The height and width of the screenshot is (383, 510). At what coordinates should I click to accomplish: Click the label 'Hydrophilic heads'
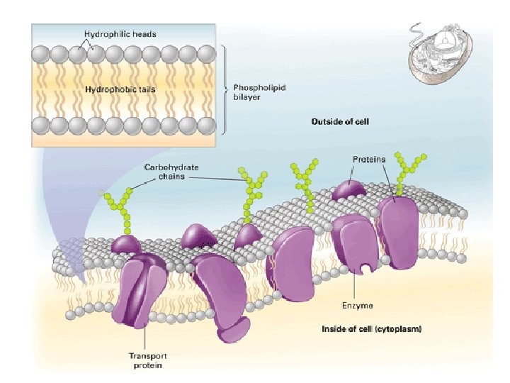(x=120, y=33)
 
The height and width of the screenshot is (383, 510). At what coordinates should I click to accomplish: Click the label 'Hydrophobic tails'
(x=120, y=89)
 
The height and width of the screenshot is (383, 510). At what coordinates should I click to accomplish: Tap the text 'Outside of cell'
(x=341, y=122)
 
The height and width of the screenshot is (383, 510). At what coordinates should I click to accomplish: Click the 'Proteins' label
(x=369, y=159)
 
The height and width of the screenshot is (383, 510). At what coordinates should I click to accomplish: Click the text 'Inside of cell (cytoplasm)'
(x=371, y=328)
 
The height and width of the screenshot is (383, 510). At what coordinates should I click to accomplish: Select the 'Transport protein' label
(x=147, y=360)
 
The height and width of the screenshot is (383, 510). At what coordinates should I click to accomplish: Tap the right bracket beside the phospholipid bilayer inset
(x=224, y=89)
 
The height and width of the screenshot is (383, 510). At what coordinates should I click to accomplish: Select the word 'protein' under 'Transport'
(x=147, y=365)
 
